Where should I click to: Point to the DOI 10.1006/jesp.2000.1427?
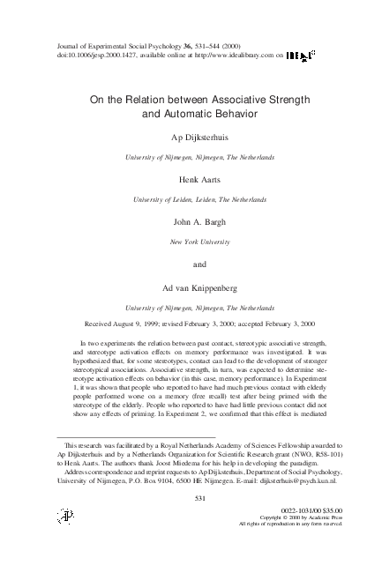89,55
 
